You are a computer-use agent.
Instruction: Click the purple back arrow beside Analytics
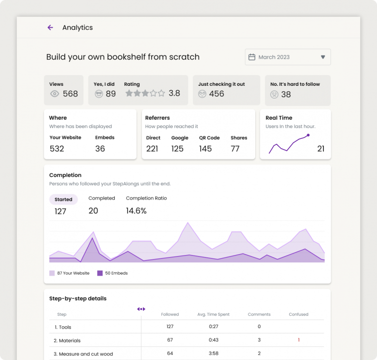tap(50, 27)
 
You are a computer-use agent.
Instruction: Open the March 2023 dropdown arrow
tap(323, 57)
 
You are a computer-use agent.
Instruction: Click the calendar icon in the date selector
tap(252, 57)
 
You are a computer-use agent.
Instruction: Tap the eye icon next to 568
tap(54, 94)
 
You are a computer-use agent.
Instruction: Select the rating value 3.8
tap(174, 93)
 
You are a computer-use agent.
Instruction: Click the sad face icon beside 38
tap(274, 94)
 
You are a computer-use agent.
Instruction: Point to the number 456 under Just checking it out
tap(216, 94)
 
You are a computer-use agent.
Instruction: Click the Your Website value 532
tap(57, 149)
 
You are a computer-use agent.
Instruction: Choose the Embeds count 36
tap(100, 149)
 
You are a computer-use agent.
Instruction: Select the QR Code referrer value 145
tap(205, 149)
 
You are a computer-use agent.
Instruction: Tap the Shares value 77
tap(235, 149)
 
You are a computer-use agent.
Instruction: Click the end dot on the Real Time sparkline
tap(308, 135)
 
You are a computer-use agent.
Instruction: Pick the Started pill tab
tap(63, 200)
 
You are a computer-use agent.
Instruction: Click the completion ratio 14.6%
tap(136, 211)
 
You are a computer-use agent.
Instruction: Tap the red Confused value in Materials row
tap(298, 340)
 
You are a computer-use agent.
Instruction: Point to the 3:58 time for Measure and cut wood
tap(214, 354)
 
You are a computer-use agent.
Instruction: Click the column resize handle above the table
tap(141, 309)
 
